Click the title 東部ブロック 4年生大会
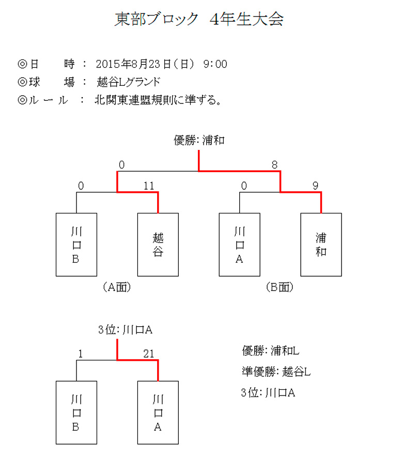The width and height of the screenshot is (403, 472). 199,19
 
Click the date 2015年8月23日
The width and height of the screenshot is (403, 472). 133,64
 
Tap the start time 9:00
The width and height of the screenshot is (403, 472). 215,64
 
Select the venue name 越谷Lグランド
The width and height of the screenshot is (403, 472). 129,82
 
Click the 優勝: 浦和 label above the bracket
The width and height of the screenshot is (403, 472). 199,140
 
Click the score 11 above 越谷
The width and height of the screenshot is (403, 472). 149,186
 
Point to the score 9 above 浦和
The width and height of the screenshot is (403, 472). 315,186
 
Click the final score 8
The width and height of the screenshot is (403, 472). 274,165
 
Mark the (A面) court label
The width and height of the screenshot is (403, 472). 117,287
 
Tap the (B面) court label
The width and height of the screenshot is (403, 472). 280,287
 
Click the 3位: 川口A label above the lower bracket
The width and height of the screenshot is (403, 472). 126,330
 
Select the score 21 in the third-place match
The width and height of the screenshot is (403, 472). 149,354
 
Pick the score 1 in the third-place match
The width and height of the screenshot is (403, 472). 80,354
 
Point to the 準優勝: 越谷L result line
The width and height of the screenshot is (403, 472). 276,372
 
